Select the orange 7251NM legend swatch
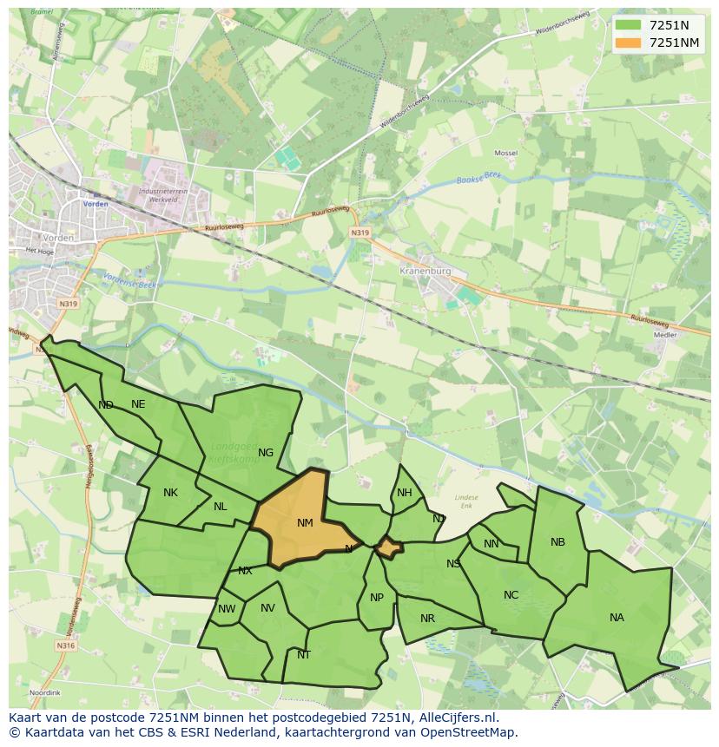627,43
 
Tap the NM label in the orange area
305,523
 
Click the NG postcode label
266,453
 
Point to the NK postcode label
170,493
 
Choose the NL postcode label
221,507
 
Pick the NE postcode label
138,404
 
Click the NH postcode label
405,494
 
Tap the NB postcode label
557,542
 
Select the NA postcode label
617,618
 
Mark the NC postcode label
511,595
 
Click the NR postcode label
427,619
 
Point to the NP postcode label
377,598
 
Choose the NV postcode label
267,608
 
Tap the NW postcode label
227,609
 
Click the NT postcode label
304,655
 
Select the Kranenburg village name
425,271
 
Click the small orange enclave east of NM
388,548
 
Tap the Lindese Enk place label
466,501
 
